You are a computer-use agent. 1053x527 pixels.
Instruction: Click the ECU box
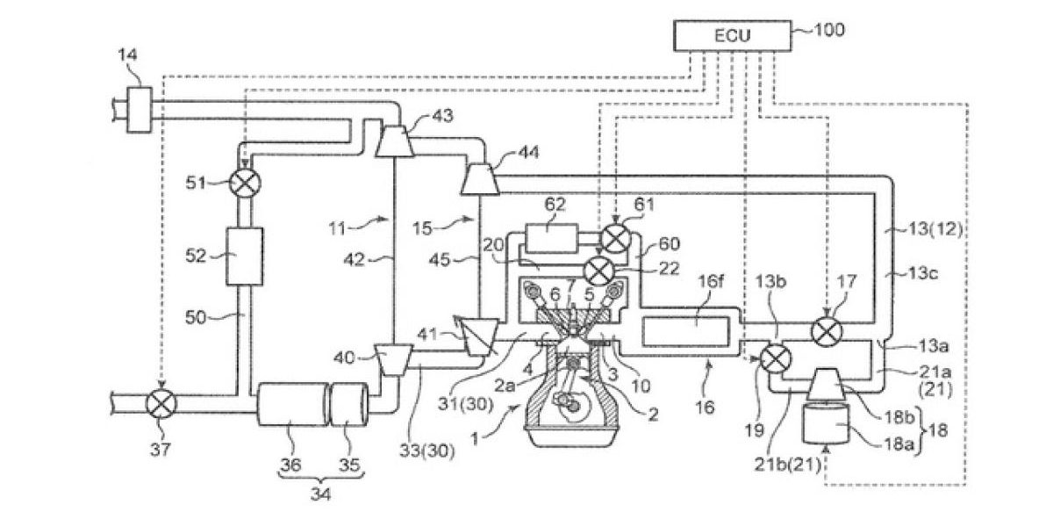pos(733,36)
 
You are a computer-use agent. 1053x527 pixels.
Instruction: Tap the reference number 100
pos(829,30)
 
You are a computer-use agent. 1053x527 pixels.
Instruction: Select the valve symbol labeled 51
pos(245,183)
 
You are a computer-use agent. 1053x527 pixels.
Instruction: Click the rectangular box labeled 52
pos(245,256)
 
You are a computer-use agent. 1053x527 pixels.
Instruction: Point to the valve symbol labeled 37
pos(161,404)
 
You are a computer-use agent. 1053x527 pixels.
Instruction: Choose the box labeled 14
pos(140,110)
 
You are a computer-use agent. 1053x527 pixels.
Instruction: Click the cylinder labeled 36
pos(293,404)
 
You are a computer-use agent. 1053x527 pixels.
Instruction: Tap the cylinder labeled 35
pos(349,404)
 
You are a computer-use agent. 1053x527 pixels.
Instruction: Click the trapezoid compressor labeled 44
pos(480,178)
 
